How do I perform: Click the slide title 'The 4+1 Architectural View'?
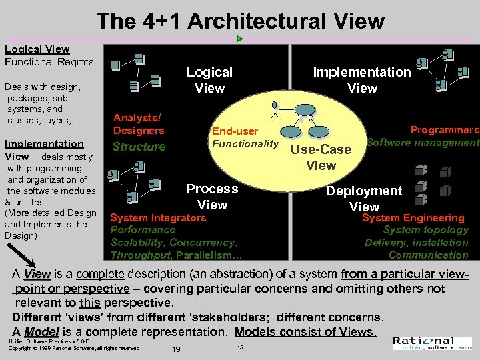pos(240,21)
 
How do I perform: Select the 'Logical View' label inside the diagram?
pos(209,80)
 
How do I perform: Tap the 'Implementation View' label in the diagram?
pos(362,80)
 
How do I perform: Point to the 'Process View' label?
pos(212,197)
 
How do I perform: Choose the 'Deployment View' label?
pos(364,199)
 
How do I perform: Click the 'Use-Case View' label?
pos(321,157)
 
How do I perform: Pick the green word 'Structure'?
pos(139,147)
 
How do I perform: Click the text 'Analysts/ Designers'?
pos(139,123)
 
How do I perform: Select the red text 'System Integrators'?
pos(158,218)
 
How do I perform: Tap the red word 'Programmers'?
pos(444,130)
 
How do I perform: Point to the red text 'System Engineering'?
pos(413,218)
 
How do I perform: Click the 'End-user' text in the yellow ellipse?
pos(235,131)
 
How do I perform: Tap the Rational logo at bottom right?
pos(432,343)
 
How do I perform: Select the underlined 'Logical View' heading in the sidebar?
pos(37,49)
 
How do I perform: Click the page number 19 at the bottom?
pos(176,350)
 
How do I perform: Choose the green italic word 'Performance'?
pos(143,230)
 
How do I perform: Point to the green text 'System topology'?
pos(425,230)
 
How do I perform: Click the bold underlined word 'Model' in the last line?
pos(41,332)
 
